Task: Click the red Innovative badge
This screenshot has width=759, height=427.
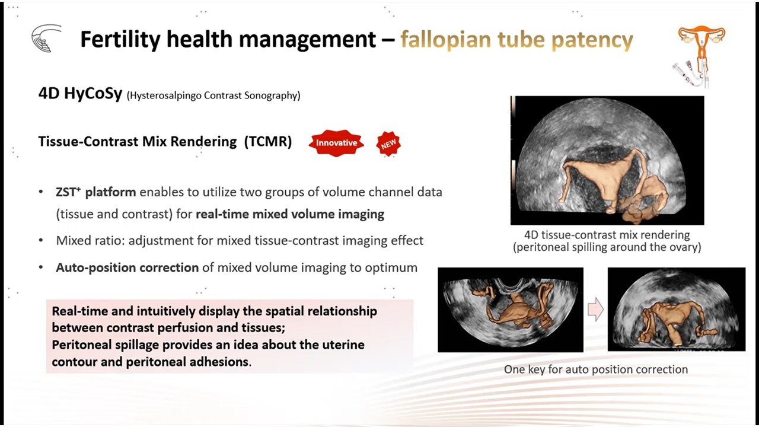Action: [336, 143]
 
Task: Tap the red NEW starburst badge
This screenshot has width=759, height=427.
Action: [388, 144]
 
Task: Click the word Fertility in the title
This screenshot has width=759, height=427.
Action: [120, 39]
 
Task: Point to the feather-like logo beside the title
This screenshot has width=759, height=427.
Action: [47, 38]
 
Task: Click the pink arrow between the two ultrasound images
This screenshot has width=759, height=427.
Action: [595, 309]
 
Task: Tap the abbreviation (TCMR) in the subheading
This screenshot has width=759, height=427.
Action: [268, 141]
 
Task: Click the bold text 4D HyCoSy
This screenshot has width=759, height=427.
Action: [80, 94]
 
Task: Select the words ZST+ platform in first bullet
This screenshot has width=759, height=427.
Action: [96, 192]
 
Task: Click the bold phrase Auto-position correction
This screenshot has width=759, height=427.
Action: [127, 267]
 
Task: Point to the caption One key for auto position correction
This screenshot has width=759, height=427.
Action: [596, 369]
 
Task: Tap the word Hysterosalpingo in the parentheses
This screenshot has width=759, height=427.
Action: [165, 95]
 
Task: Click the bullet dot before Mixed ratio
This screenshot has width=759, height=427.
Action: [41, 241]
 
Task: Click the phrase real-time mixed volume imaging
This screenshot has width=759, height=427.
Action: [290, 214]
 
